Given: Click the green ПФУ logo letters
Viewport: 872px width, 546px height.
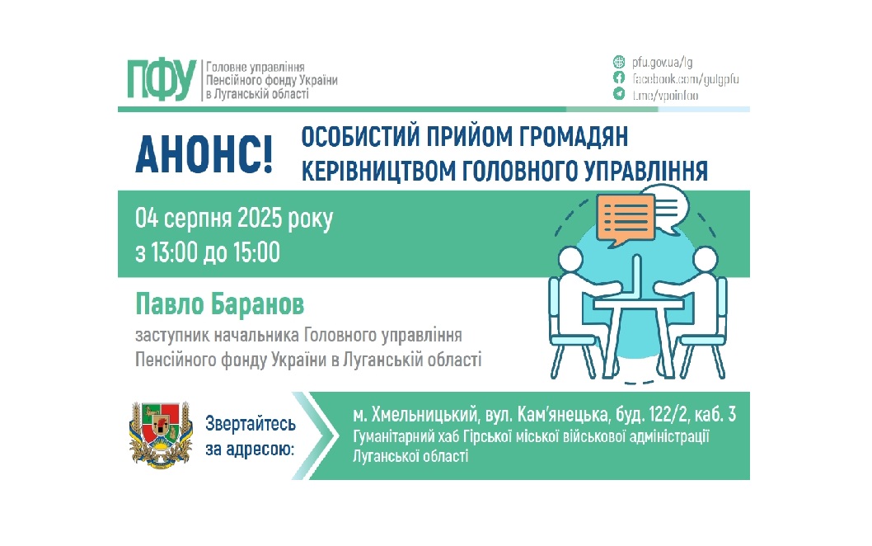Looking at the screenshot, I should click(x=162, y=79).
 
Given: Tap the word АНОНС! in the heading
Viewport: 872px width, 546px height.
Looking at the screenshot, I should click(x=205, y=153).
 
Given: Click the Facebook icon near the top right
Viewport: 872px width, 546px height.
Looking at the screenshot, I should click(x=619, y=78).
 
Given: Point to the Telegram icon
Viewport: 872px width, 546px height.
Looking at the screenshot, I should click(x=619, y=94).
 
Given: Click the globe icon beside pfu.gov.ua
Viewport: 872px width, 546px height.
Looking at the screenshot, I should click(x=619, y=62).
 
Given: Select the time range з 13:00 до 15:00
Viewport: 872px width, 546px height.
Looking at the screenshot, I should click(x=208, y=252).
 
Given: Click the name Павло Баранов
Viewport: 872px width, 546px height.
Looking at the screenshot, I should click(x=219, y=305).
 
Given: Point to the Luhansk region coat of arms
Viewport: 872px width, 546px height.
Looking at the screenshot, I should click(x=157, y=435).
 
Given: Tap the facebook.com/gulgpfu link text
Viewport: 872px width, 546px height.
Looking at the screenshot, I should click(x=673, y=78).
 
